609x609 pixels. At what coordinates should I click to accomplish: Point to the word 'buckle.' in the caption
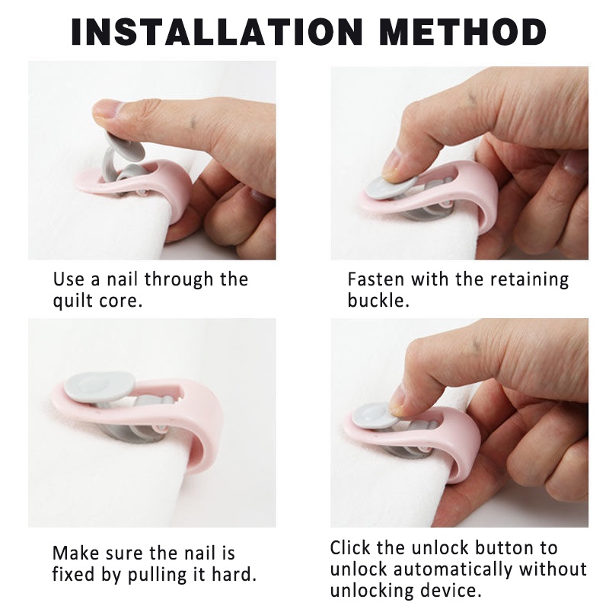click(x=378, y=301)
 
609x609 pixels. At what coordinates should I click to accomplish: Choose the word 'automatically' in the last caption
click(x=453, y=569)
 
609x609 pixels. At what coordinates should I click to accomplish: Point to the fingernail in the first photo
click(x=105, y=110)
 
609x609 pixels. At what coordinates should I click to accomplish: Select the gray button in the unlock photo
click(x=374, y=416)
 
